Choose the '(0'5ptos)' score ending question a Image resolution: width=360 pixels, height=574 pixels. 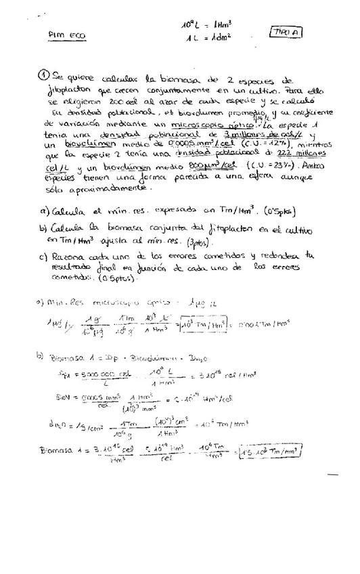(x=264, y=212)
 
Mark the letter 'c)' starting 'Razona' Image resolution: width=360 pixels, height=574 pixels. (x=43, y=257)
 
